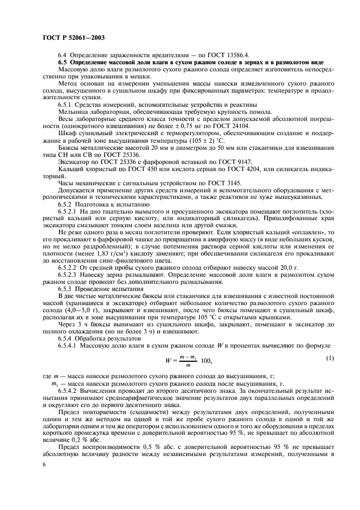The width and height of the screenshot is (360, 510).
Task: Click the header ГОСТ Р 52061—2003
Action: pos(73,38)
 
